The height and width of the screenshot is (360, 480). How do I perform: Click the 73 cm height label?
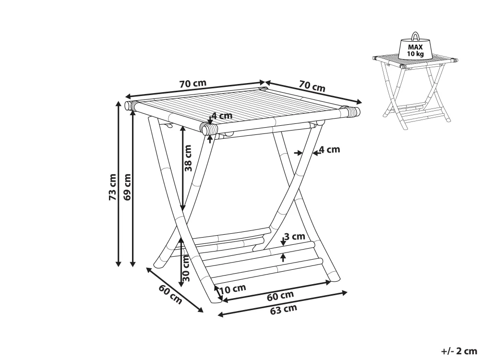click(112, 187)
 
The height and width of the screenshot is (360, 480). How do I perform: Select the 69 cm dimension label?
click(127, 187)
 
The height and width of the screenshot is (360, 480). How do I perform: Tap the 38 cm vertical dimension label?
click(188, 158)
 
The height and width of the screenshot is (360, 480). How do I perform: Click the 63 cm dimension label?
click(284, 310)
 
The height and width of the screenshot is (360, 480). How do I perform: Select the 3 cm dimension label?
click(294, 236)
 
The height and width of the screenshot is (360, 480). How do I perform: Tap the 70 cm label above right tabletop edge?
click(312, 86)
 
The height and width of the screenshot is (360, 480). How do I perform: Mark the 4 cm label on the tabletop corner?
click(221, 116)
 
